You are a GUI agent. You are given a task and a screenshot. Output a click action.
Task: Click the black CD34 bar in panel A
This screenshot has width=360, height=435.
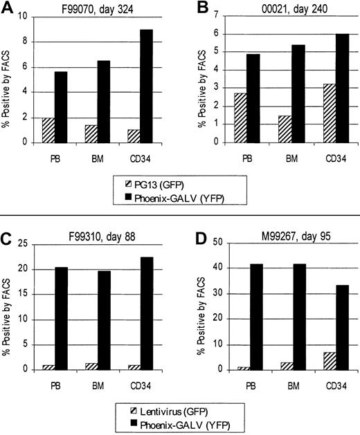(148, 86)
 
